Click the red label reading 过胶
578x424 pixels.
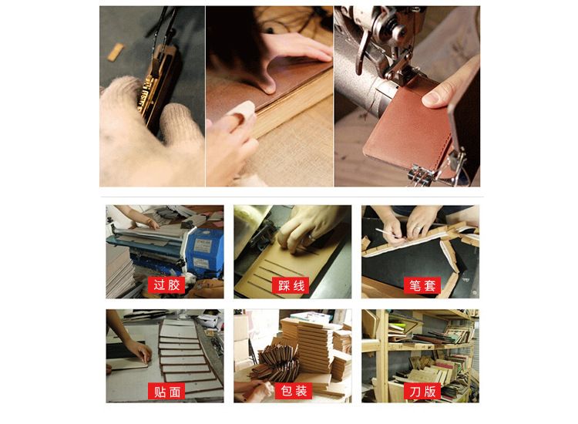(166, 285)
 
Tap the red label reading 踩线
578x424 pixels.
(291, 286)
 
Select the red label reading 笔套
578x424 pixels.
(422, 285)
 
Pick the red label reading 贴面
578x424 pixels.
(166, 391)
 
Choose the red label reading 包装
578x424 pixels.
(294, 391)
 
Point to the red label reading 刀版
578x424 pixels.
(422, 391)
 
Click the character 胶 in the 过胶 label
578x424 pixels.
(173, 285)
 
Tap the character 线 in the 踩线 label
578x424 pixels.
(298, 286)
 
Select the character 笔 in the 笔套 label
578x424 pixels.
(415, 285)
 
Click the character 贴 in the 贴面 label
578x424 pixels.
(160, 391)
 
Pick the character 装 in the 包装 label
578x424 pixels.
(301, 391)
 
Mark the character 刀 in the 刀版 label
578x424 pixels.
(415, 391)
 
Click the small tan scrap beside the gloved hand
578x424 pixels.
(116, 52)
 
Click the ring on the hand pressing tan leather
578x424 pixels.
(311, 237)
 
